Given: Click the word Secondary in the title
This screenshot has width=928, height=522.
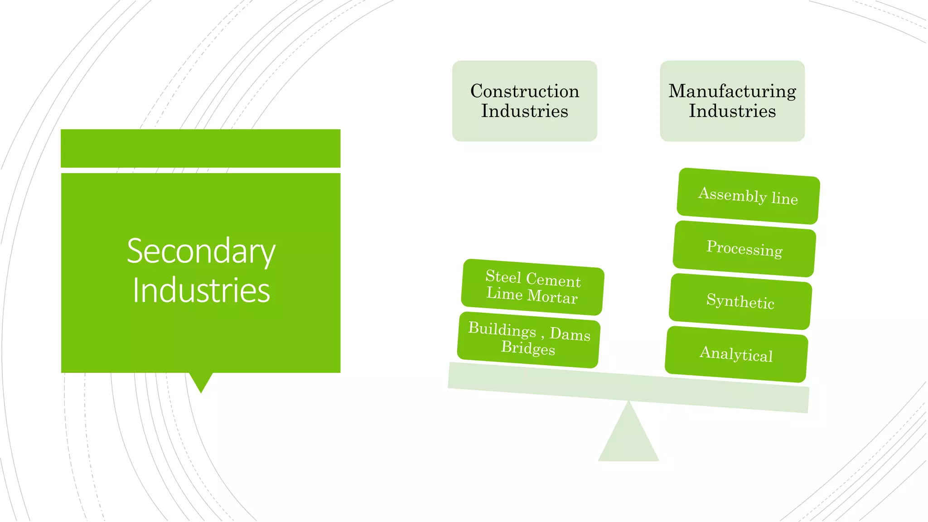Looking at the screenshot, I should [x=201, y=251].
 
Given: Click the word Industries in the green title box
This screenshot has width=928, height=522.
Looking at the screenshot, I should [x=201, y=290].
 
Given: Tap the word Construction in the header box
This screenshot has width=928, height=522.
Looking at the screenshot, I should [x=525, y=91].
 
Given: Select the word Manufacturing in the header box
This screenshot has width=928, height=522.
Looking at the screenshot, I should [x=732, y=91].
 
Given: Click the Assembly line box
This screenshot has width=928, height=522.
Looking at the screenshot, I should [x=748, y=196].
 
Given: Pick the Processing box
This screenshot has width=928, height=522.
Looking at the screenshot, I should [x=744, y=249].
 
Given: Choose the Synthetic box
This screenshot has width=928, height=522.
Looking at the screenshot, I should [x=740, y=301].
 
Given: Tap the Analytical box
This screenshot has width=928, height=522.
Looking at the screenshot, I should [x=736, y=354].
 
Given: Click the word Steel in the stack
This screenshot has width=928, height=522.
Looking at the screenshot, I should [x=503, y=276].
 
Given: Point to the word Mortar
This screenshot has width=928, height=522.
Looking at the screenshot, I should [x=553, y=297].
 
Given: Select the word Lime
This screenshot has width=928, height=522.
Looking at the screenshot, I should [x=504, y=294].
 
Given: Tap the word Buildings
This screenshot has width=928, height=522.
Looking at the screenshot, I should [x=502, y=329].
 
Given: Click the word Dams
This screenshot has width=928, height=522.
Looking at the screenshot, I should [x=570, y=334].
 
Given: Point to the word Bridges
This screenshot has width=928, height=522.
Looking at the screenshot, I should [x=528, y=348].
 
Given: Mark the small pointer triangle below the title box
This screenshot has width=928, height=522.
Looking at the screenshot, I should [x=201, y=381].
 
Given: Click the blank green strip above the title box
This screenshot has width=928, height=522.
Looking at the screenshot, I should [x=201, y=148].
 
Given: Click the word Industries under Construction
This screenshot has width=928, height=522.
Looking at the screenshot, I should [x=525, y=111].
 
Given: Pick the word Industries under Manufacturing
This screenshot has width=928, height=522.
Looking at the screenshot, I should [x=732, y=111].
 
